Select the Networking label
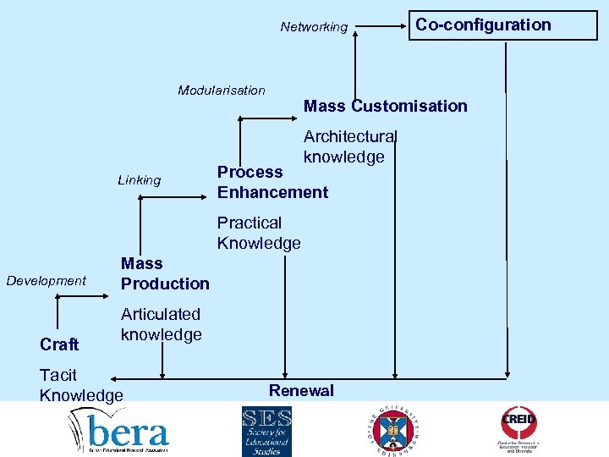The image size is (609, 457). (x=314, y=27)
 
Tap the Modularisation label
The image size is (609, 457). (x=222, y=90)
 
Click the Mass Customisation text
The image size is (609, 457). (x=385, y=106)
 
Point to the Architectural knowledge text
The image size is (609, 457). (x=349, y=146)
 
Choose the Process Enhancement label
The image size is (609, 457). (x=272, y=182)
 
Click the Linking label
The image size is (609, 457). (x=140, y=179)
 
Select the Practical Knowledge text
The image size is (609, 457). (x=259, y=233)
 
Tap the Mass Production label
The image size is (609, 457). (x=165, y=273)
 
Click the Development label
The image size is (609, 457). (x=47, y=280)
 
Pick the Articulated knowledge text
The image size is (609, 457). (x=161, y=324)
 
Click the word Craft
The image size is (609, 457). (x=59, y=344)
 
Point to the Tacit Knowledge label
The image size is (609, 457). (x=80, y=385)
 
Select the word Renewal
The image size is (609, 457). (x=301, y=390)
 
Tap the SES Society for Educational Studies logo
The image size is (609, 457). (x=266, y=431)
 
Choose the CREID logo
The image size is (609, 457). (x=518, y=427)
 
